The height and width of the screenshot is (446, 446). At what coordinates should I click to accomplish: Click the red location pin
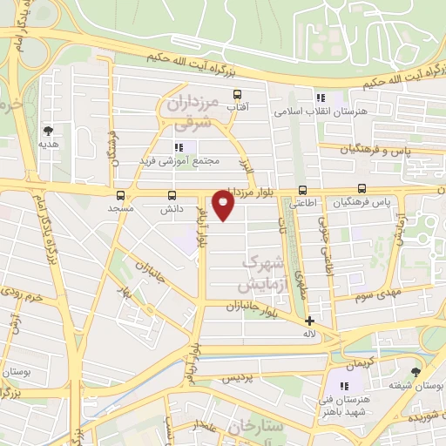[x=224, y=206]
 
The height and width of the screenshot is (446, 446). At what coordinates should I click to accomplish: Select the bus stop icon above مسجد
[x=119, y=195]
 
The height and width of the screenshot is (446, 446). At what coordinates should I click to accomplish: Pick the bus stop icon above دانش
[x=171, y=195]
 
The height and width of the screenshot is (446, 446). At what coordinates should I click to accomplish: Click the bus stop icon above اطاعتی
[x=303, y=189]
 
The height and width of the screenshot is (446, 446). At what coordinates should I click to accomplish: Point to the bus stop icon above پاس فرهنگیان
[x=362, y=188]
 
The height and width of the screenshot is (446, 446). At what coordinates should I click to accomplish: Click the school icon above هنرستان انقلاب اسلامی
[x=321, y=98]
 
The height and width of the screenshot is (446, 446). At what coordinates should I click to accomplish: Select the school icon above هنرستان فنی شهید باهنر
[x=344, y=386]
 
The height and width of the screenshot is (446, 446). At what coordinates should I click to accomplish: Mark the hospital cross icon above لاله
[x=310, y=321]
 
